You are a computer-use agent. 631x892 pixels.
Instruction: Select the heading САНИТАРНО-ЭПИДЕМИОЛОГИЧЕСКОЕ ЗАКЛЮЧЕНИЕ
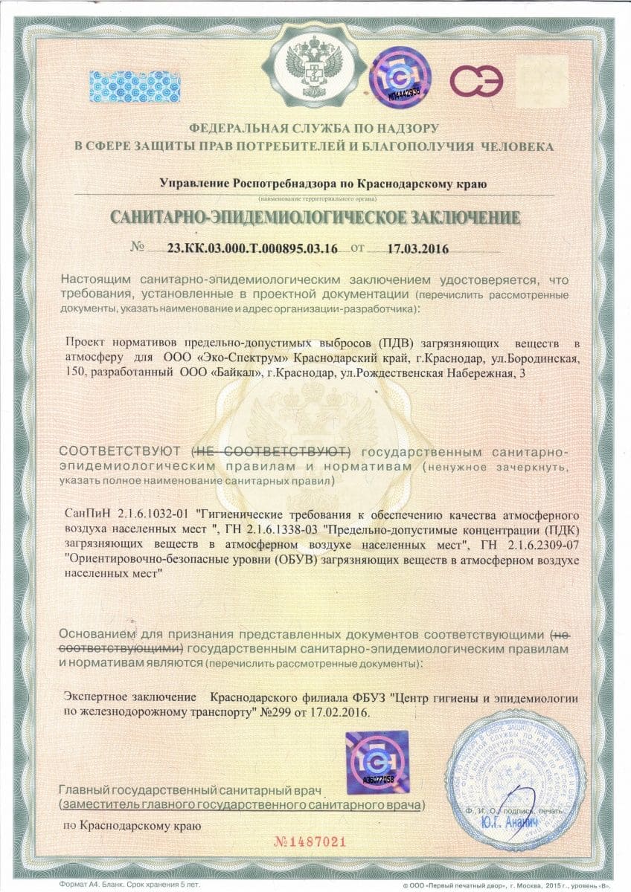pos(315,218)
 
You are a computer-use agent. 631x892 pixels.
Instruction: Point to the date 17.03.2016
pos(418,248)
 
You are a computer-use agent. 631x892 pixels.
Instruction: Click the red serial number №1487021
pos(310,842)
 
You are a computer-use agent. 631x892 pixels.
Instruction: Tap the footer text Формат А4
pos(82,886)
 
